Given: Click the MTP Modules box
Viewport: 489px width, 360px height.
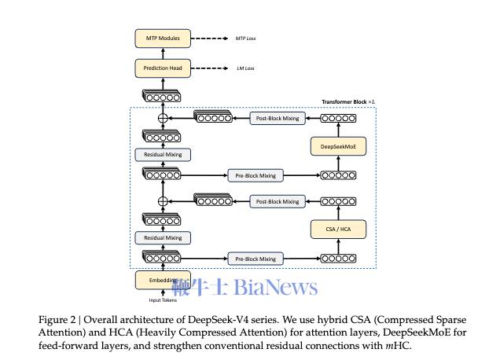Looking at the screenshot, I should point(162,38).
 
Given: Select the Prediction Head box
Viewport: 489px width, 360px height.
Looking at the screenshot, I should point(162,68).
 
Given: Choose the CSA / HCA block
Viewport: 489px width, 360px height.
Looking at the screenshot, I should point(337,229).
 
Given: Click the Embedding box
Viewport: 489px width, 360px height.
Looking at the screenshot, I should point(162,280).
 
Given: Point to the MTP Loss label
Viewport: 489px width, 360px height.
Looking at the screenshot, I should point(246,39).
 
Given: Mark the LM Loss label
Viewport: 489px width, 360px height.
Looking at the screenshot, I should point(244,69).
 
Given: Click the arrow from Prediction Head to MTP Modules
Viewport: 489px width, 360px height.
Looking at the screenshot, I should point(162,53).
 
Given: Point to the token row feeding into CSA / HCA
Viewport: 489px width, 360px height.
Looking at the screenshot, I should point(337,258).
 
